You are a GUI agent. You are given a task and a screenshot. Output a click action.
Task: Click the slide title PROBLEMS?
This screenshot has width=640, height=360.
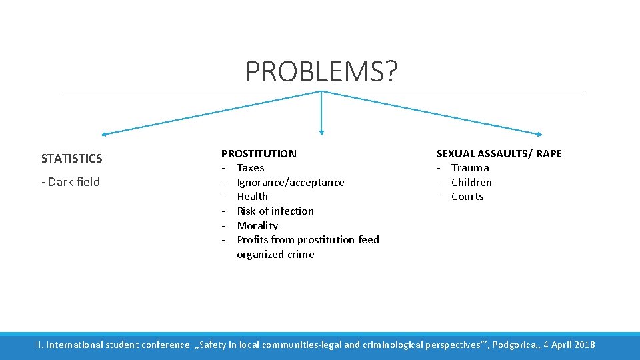[321, 71]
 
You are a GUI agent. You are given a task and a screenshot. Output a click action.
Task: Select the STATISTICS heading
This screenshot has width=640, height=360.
[71, 159]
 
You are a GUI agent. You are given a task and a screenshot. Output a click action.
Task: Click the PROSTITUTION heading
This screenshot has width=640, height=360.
[259, 153]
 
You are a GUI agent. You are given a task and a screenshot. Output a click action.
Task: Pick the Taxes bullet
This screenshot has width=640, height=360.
[251, 168]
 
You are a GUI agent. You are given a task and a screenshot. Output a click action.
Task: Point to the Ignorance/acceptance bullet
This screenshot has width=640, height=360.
[291, 183]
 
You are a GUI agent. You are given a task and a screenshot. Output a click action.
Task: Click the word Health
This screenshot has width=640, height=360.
[253, 197]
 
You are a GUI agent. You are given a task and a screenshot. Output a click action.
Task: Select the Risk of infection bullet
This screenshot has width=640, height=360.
[275, 211]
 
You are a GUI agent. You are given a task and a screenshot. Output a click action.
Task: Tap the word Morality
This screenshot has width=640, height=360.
[257, 226]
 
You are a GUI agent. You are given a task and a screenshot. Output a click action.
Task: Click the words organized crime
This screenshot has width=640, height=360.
[275, 255]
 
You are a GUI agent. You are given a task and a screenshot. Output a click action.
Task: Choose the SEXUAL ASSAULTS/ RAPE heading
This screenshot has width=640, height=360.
[499, 153]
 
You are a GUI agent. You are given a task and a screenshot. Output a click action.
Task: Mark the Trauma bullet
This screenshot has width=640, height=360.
[470, 168]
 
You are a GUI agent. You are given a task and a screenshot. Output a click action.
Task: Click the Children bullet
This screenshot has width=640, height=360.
[471, 183]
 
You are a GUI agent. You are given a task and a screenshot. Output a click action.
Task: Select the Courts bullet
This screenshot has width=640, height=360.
[467, 197]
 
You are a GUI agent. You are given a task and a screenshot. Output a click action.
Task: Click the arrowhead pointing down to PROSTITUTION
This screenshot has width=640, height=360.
[321, 133]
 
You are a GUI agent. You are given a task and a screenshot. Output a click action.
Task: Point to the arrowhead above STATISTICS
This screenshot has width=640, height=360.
[104, 133]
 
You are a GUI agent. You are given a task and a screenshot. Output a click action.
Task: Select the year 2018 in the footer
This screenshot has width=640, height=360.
[583, 345]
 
